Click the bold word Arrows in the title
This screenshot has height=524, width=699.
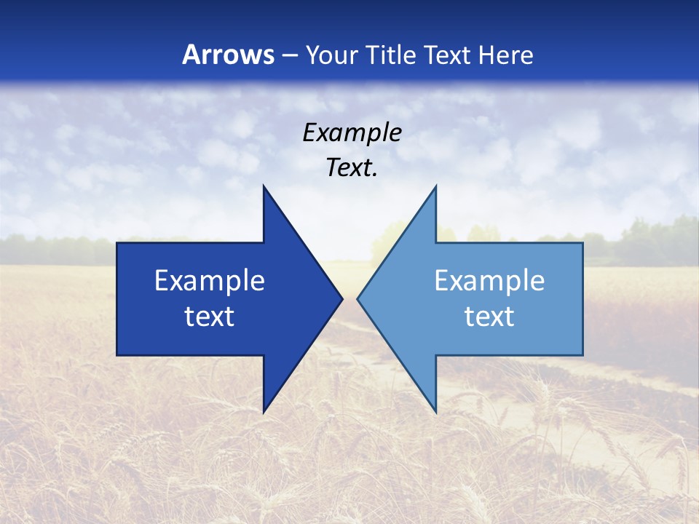pyautogui.click(x=228, y=55)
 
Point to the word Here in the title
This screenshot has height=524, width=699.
pyautogui.click(x=508, y=55)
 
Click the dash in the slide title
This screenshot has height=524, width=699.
pyautogui.click(x=290, y=56)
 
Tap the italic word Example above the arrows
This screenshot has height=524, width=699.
pyautogui.click(x=352, y=132)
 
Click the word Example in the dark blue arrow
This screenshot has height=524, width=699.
pyautogui.click(x=209, y=281)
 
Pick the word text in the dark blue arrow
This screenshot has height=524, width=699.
pyautogui.click(x=209, y=317)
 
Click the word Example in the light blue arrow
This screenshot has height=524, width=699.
pyautogui.click(x=489, y=281)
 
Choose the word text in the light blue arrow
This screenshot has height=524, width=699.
pyautogui.click(x=489, y=317)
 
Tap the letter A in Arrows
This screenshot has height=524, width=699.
pyautogui.click(x=191, y=55)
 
